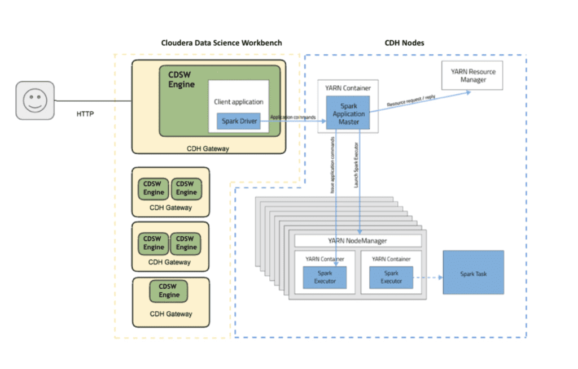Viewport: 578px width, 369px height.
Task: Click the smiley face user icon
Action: [x=34, y=101]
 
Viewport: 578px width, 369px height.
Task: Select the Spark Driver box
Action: [x=238, y=121]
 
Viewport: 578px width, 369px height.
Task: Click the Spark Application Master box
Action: [x=348, y=114]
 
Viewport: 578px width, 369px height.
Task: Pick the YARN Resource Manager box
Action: [x=472, y=75]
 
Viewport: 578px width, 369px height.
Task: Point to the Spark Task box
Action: [x=473, y=274]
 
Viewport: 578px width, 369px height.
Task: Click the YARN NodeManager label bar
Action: [x=358, y=241]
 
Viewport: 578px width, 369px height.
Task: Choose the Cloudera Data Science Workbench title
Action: [x=221, y=44]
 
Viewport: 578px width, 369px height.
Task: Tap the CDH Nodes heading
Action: [x=405, y=44]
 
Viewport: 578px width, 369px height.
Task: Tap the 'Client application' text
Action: [x=238, y=102]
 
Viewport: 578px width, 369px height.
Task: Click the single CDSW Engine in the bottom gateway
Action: [x=169, y=291]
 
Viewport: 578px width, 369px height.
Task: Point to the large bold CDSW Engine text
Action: [x=181, y=79]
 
